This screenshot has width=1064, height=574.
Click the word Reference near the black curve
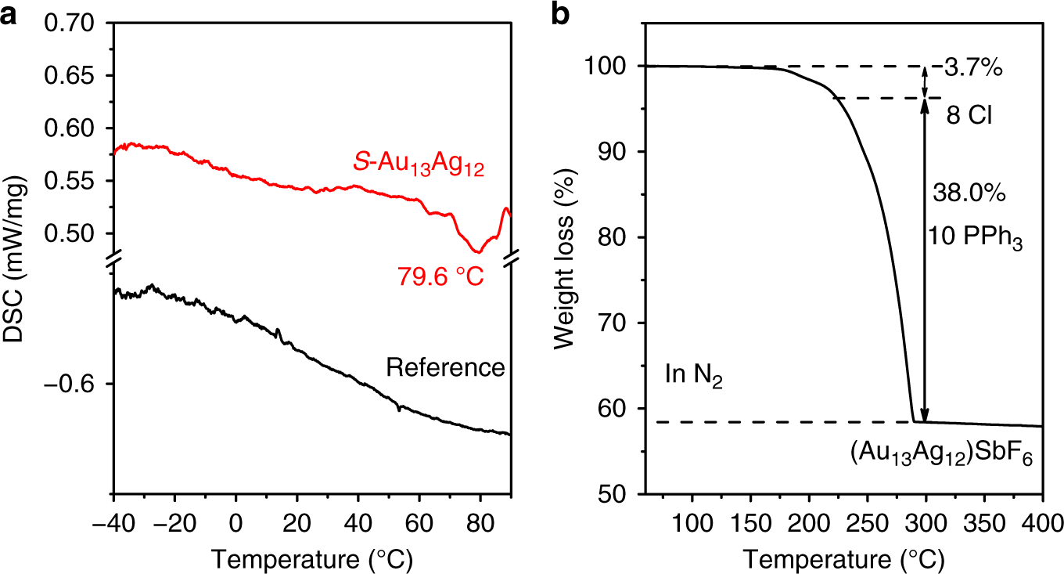click(445, 367)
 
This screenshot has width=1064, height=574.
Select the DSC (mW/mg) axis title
click(16, 258)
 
